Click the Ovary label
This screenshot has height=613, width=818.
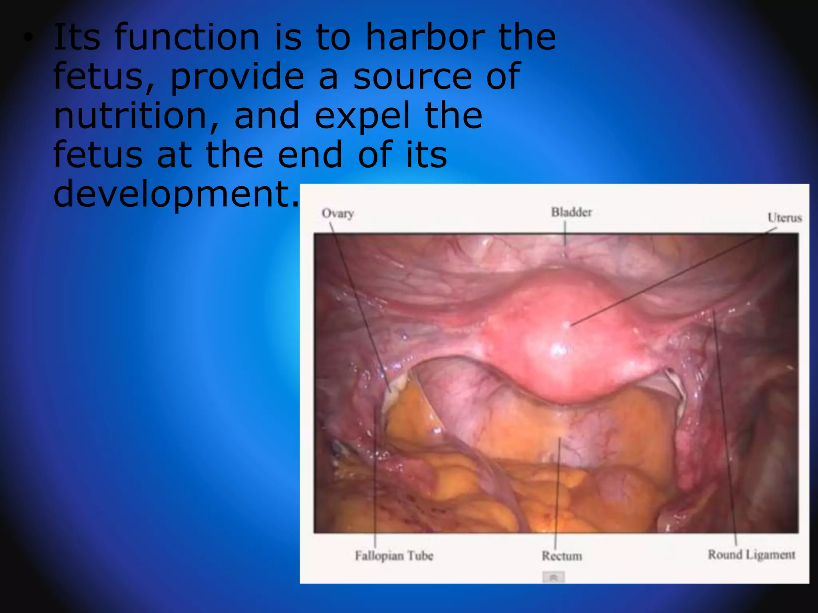tap(338, 214)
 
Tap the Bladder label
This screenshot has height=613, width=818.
tap(571, 212)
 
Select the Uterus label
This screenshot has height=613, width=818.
tap(784, 218)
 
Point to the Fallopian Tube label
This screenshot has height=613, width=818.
tap(394, 556)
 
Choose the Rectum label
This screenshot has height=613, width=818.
tap(562, 556)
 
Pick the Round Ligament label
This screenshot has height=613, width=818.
tap(751, 555)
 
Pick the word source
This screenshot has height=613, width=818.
tap(411, 77)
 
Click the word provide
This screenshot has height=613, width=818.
tap(237, 77)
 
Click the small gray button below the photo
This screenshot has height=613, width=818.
tap(554, 577)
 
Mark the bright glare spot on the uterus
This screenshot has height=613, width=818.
tap(558, 351)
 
